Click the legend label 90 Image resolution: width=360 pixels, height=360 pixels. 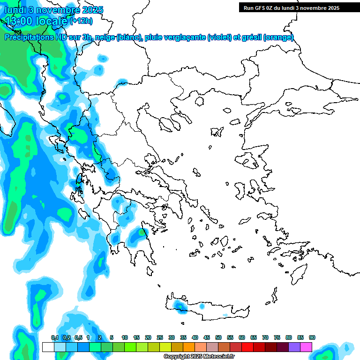pyautogui.click(x=312, y=337)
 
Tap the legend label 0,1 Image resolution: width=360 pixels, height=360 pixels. pyautogui.click(x=54, y=337)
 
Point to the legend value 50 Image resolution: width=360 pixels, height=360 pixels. pyautogui.click(x=218, y=337)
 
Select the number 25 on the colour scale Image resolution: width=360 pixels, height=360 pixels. pyautogui.click(x=160, y=337)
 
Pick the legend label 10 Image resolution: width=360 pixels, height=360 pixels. pyautogui.click(x=125, y=337)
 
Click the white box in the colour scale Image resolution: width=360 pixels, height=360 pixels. pyautogui.click(x=48, y=347)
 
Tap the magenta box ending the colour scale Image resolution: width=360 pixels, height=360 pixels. pyautogui.click(x=306, y=347)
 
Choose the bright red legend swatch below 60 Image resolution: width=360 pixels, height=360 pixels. pyautogui.click(x=247, y=347)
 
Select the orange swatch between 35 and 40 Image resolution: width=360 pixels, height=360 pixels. pyautogui.click(x=189, y=347)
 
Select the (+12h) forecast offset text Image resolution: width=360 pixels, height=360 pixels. pyautogui.click(x=81, y=21)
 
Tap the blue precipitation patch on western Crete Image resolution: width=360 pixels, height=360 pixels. pyautogui.click(x=180, y=306)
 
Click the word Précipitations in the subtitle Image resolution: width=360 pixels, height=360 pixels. pyautogui.click(x=29, y=37)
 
